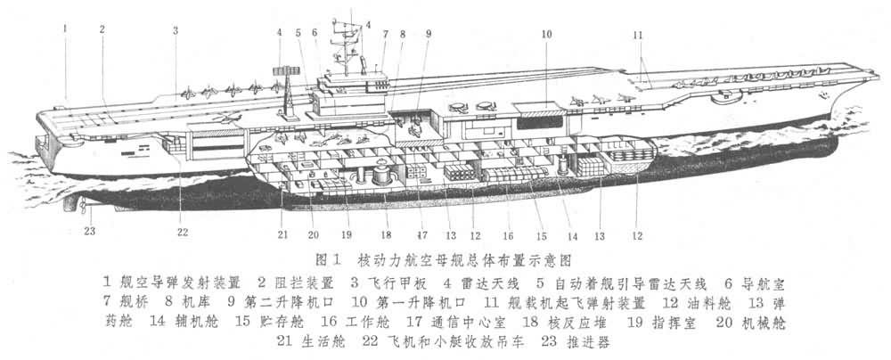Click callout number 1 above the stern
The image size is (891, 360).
pos(65,28)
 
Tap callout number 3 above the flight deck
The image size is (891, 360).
pos(176,29)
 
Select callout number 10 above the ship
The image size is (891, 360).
pos(546,35)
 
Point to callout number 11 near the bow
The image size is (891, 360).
pos(636,35)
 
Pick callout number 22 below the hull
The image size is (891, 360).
pos(183,233)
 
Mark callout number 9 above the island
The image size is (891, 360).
pos(429,34)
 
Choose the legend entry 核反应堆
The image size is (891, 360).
pos(532,323)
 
